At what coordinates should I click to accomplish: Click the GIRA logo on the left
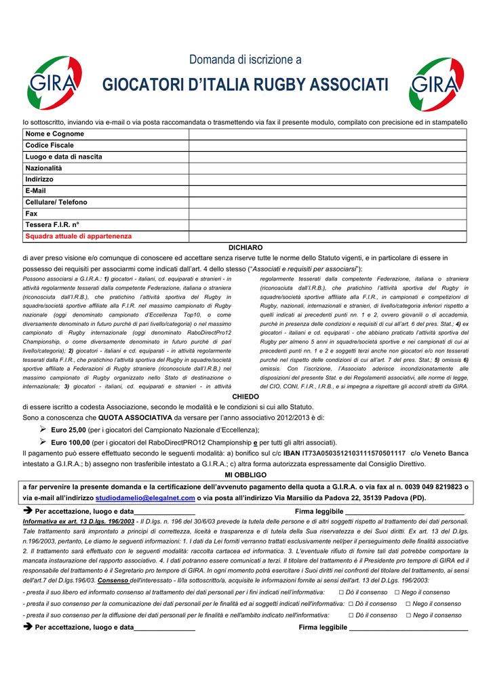point(54,84)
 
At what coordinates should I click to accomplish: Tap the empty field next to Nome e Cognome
point(328,134)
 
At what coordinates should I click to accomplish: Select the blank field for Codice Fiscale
point(328,146)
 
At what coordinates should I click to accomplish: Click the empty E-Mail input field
point(328,191)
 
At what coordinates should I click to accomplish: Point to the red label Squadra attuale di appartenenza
point(79,237)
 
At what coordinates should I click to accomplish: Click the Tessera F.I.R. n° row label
point(52,225)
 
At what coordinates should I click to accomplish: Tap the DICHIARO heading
point(245,248)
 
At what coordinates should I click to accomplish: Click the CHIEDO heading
point(245,396)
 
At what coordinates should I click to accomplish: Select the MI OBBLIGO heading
point(245,475)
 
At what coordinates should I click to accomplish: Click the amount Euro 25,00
point(68,430)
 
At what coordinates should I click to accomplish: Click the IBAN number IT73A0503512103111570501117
point(353,453)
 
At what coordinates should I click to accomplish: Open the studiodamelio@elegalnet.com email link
point(145,497)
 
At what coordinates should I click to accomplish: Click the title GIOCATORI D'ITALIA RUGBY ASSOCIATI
point(245,85)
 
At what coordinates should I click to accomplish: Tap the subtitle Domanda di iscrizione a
point(245,60)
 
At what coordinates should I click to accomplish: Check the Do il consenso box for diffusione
point(351,615)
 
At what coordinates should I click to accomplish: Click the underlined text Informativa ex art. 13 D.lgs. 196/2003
point(79,522)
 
